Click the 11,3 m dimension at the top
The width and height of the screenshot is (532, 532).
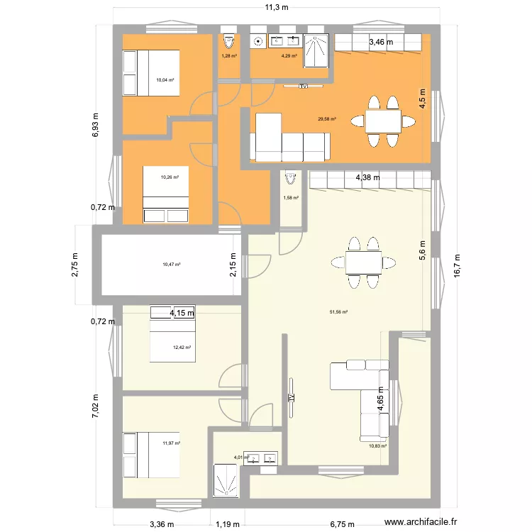click(x=277, y=8)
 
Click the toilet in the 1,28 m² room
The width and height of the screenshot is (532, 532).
click(x=228, y=40)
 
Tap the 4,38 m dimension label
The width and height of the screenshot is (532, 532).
click(x=367, y=177)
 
